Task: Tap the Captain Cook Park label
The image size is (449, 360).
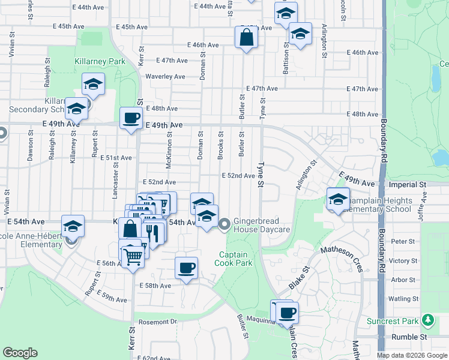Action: [233, 259]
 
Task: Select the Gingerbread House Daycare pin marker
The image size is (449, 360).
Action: [225, 225]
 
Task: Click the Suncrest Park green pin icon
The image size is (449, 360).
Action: [427, 319]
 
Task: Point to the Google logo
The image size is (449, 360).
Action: [20, 353]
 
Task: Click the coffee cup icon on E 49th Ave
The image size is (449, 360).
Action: [131, 118]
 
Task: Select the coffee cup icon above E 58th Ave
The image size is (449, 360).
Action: [186, 268]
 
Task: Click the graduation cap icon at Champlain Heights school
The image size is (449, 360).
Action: [339, 199]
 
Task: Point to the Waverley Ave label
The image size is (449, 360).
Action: [166, 77]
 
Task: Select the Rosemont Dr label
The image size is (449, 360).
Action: [157, 322]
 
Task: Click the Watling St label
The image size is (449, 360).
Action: [403, 298]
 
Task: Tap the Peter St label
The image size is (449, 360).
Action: [399, 241]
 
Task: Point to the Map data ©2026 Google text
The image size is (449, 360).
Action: [411, 355]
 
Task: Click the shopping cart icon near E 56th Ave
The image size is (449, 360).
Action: [133, 257]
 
